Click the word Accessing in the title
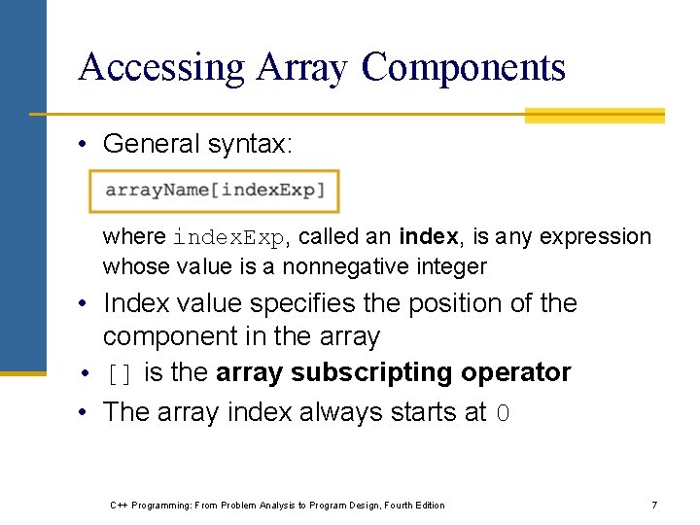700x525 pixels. tap(161, 68)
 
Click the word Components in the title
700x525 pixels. tap(463, 68)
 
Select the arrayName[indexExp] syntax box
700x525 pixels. tap(215, 191)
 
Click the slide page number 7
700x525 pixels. tap(654, 506)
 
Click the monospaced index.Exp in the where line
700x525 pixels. tap(229, 237)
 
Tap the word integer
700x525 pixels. tap(452, 266)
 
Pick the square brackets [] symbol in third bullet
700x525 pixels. tap(120, 374)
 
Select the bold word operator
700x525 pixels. tap(516, 373)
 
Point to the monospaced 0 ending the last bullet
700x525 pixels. tap(503, 413)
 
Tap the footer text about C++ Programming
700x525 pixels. tap(277, 506)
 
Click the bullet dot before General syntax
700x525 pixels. tap(87, 145)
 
